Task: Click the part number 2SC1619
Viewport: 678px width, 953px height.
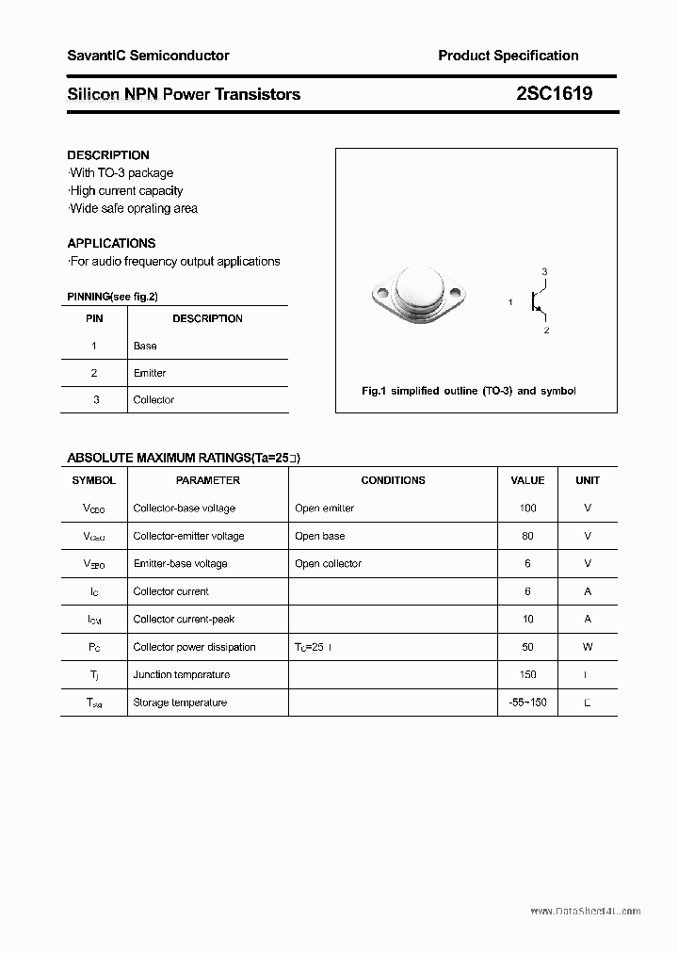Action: [x=554, y=94]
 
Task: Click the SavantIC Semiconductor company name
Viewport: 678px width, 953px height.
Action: [x=148, y=56]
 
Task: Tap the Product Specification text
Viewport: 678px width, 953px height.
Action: [x=508, y=56]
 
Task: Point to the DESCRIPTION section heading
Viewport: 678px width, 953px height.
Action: [x=108, y=154]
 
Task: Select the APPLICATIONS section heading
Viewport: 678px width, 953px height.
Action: [x=111, y=243]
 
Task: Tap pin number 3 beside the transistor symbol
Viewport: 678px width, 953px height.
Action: [x=544, y=271]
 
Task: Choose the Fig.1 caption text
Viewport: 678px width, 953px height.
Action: [x=468, y=391]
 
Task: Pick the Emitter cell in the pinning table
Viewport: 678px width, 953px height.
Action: [x=150, y=373]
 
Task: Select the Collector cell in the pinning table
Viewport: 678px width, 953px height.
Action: [x=153, y=400]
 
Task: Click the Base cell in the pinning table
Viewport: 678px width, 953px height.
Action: [x=145, y=346]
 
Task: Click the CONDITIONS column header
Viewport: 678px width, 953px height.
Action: [x=393, y=480]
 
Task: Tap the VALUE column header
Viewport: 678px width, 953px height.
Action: [x=527, y=480]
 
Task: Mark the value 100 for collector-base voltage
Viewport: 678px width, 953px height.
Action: [x=527, y=509]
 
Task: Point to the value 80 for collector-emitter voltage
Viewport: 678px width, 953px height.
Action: [x=527, y=536]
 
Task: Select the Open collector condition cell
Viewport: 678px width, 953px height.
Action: [x=328, y=564]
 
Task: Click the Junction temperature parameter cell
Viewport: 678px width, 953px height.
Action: [x=182, y=675]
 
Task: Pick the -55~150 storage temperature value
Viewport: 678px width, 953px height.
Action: [x=527, y=703]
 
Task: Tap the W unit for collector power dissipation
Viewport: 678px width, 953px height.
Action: [x=588, y=647]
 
